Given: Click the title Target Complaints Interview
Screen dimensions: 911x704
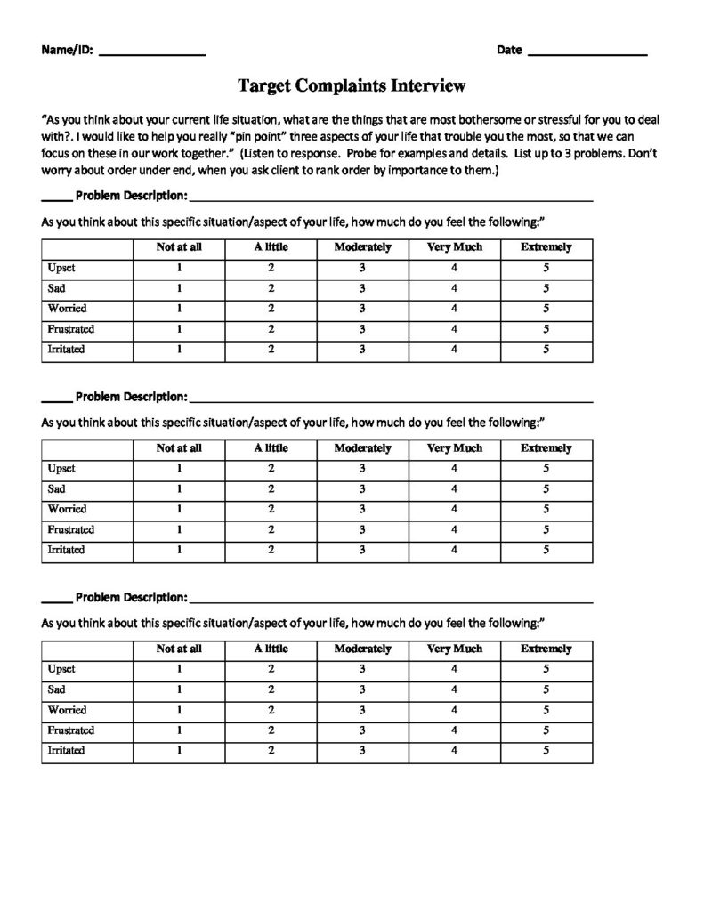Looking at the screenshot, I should (x=352, y=85).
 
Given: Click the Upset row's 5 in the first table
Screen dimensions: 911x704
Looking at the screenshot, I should (x=546, y=268).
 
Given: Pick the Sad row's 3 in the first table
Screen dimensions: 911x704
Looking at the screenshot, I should (x=362, y=288).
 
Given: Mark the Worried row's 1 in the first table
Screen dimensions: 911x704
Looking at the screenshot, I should (x=179, y=309).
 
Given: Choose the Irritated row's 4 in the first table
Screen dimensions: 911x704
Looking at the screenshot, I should (x=454, y=350).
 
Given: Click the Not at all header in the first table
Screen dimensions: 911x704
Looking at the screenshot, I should (x=179, y=247).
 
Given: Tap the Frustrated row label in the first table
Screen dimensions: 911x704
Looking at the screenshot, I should (x=71, y=329).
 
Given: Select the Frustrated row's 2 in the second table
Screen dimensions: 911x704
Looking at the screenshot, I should (x=271, y=530).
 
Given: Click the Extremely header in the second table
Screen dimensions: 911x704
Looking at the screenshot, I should (x=546, y=448).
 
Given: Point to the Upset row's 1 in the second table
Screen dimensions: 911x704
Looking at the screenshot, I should (x=179, y=469).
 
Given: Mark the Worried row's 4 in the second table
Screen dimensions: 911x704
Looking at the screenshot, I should (x=454, y=510).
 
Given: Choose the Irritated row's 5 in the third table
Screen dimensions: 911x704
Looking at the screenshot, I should (x=546, y=751).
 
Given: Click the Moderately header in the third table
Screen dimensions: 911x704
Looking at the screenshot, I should (x=362, y=649).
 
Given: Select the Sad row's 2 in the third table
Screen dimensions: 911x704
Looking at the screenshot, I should (x=271, y=689).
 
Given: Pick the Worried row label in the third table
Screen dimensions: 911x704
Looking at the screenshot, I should (x=67, y=710).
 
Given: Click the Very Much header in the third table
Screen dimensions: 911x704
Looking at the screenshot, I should (x=454, y=649).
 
